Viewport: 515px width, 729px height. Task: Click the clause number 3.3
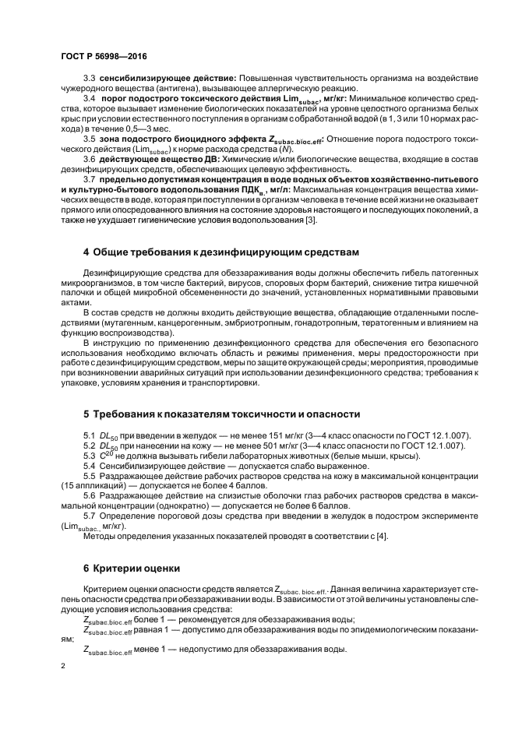click(89, 79)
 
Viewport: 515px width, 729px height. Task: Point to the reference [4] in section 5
click(382, 536)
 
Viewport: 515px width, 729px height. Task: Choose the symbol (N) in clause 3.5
click(246, 148)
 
